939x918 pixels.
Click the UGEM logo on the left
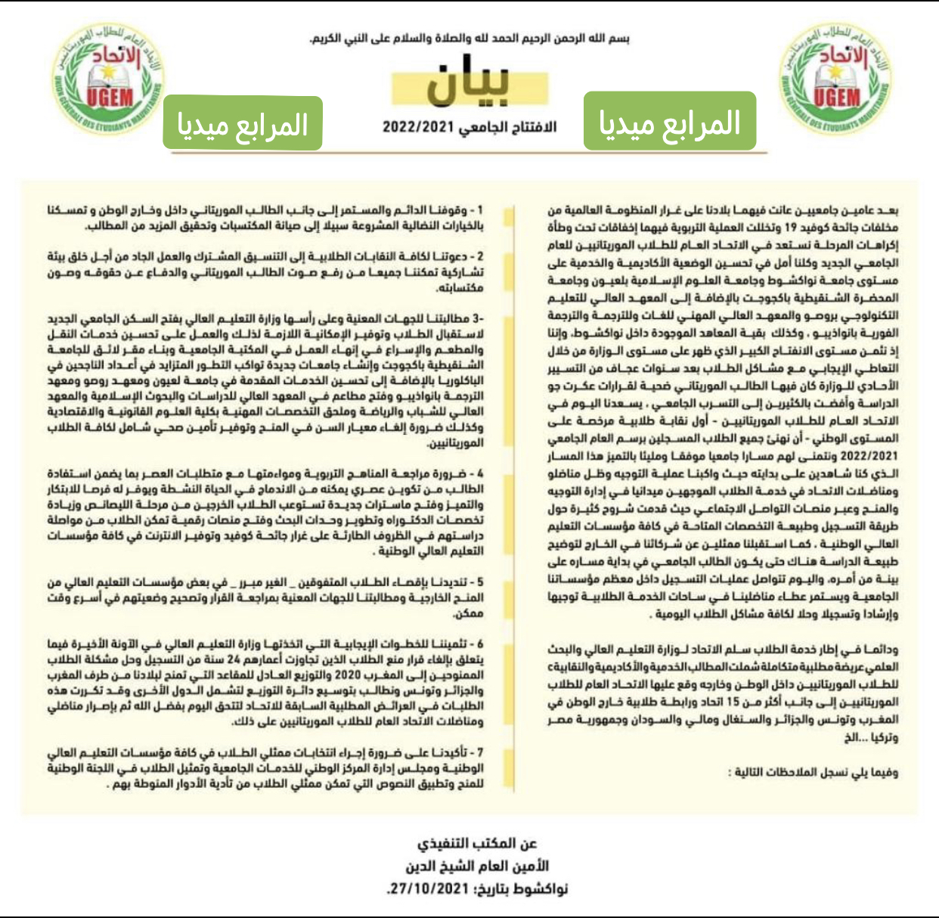click(x=107, y=80)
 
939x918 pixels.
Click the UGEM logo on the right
click(x=835, y=80)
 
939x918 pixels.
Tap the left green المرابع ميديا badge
click(x=243, y=123)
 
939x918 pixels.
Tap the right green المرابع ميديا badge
click(x=669, y=121)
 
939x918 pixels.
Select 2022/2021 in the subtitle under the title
click(x=415, y=127)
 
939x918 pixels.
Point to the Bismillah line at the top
click(x=469, y=38)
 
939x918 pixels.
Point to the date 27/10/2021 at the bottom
click(x=428, y=889)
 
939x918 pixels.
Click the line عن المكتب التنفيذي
click(x=477, y=843)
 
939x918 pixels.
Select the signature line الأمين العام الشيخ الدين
click(x=477, y=866)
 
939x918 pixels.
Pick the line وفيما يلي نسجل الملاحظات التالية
click(x=813, y=772)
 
